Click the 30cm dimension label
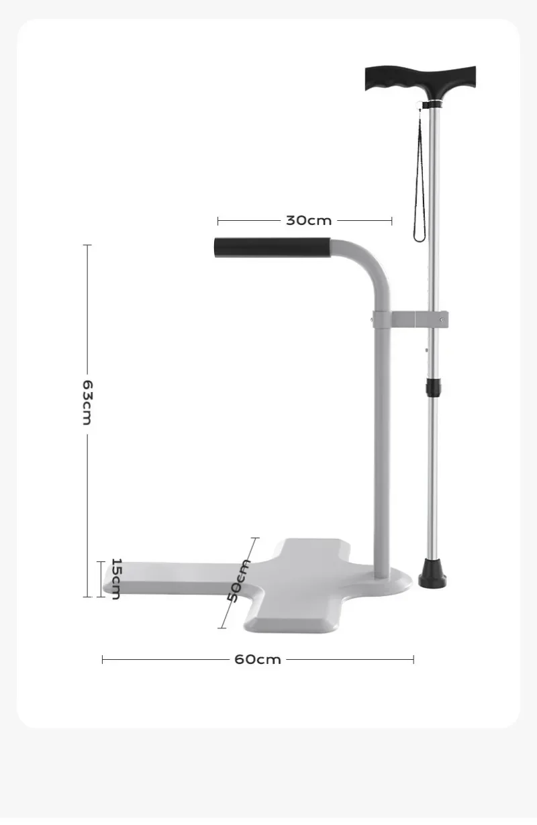coord(309,220)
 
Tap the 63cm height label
coord(87,403)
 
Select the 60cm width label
coord(258,659)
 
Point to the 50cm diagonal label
coord(239,581)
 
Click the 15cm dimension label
coord(116,579)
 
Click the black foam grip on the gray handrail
coord(272,247)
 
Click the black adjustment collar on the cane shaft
coord(434,386)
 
